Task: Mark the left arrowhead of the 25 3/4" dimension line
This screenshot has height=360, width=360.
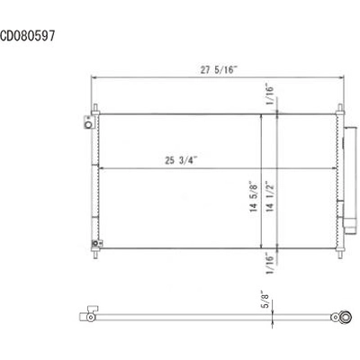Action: point(101,169)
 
